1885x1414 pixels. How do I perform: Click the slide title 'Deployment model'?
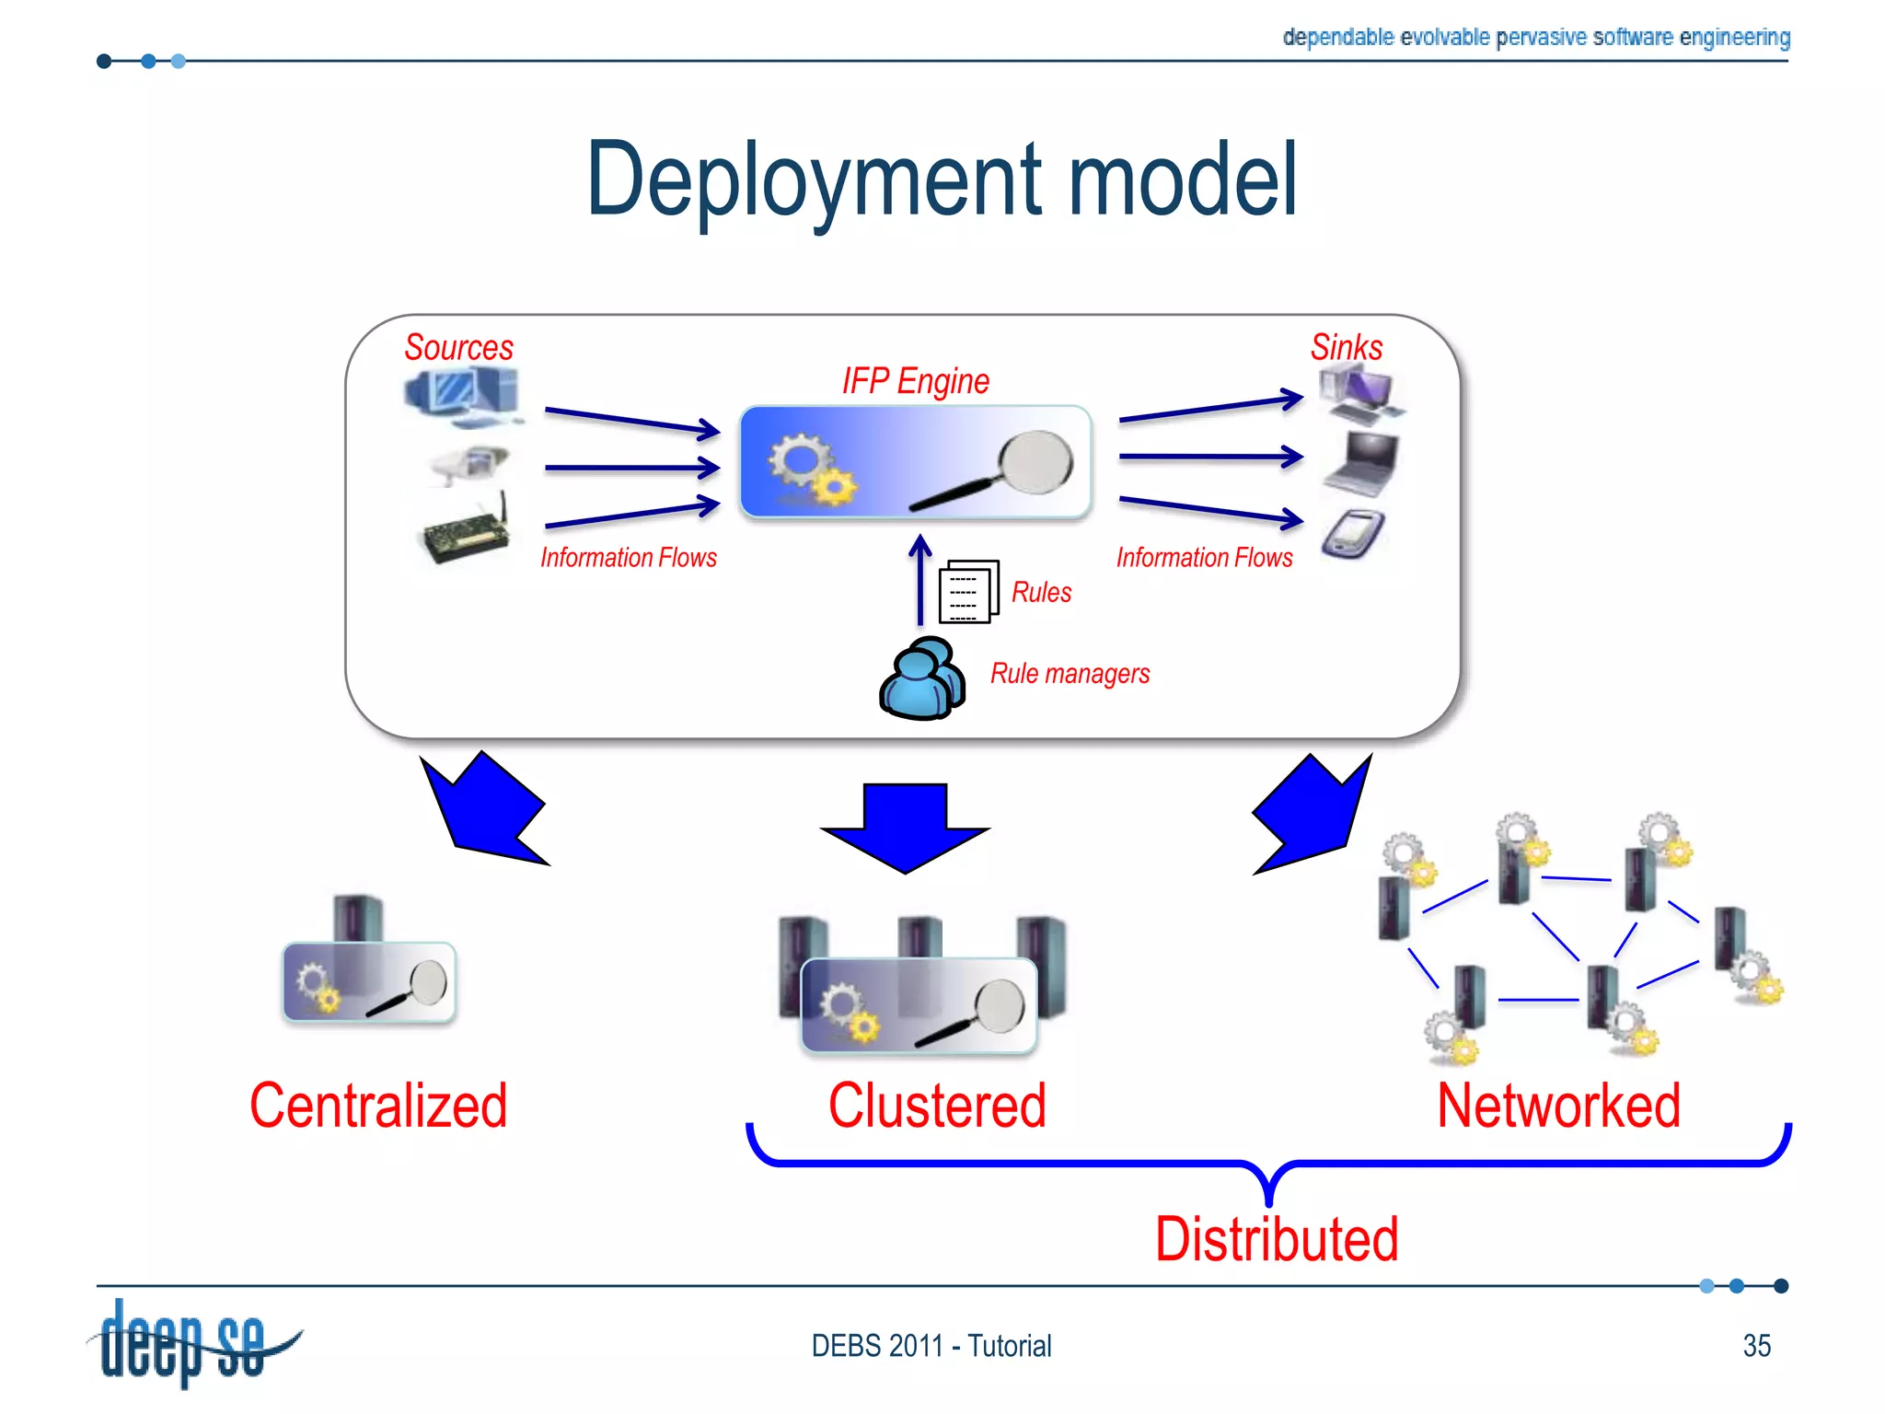tap(942, 180)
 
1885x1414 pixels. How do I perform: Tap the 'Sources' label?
tap(458, 347)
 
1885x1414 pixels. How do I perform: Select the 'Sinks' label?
tap(1347, 347)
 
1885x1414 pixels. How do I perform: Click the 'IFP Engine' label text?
tap(916, 381)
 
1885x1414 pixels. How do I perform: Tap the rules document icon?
tap(968, 592)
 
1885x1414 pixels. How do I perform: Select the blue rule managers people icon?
tap(922, 678)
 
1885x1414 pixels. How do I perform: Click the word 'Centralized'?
tap(378, 1106)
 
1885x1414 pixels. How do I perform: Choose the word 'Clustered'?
tap(937, 1106)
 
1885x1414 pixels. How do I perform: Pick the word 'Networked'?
tap(1558, 1106)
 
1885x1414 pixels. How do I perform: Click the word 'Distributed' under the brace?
tap(1277, 1239)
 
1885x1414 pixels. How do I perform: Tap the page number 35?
tap(1757, 1346)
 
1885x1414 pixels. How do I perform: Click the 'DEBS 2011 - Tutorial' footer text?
tap(931, 1346)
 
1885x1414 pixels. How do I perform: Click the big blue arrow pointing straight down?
tap(905, 828)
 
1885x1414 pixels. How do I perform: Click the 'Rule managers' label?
tap(1070, 674)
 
